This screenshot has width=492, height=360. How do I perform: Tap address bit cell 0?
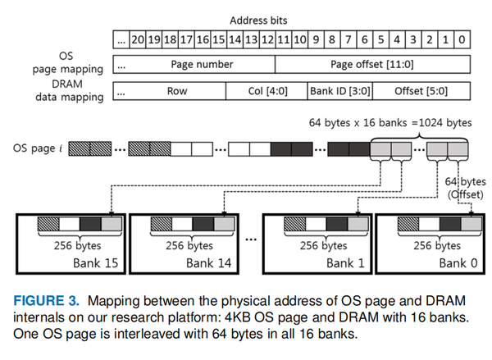click(462, 39)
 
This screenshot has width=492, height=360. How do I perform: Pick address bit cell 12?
click(266, 39)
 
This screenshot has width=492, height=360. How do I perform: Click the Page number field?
click(202, 64)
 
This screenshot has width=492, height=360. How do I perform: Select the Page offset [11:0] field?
click(372, 64)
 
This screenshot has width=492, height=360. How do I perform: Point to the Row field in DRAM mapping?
click(177, 91)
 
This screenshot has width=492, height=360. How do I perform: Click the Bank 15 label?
click(68, 262)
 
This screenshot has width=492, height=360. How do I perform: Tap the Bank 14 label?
click(190, 262)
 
